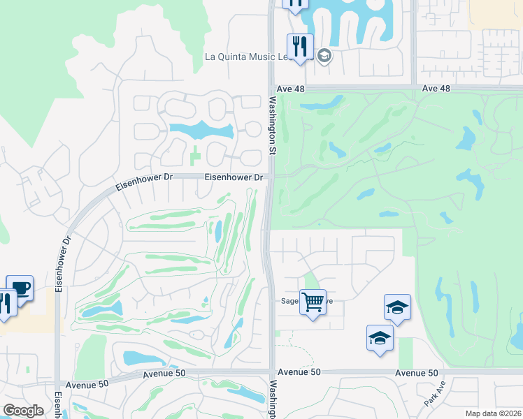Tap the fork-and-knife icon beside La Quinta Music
300,47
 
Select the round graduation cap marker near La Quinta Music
324,56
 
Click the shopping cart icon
313,303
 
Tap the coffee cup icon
20,288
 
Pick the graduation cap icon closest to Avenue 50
380,338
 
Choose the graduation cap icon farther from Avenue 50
397,307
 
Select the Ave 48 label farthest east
437,89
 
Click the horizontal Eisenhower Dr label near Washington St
234,177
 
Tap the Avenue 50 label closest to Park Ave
416,373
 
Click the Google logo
23,411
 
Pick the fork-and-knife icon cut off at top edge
296,3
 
